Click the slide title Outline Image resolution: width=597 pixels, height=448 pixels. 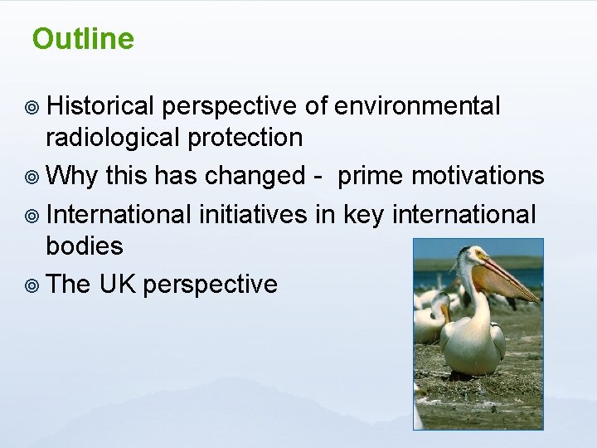coord(83,39)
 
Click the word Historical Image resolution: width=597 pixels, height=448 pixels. coord(100,106)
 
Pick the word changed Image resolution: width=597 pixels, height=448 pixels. coord(255,175)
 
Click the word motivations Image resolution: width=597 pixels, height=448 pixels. coord(478,175)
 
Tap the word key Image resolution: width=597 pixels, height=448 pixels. coord(362,214)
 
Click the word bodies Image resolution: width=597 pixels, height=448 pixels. coord(84,246)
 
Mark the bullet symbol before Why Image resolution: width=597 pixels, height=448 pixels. coord(33,177)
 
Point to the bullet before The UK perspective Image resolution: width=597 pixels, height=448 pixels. coord(33,285)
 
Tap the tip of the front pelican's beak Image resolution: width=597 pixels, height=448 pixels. coord(536,300)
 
